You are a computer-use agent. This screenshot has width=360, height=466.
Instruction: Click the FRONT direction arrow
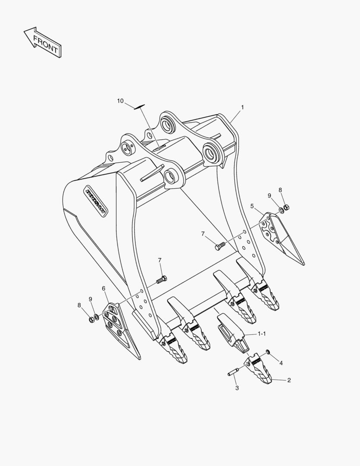pos(42,42)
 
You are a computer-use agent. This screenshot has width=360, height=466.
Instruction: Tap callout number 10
pos(120,101)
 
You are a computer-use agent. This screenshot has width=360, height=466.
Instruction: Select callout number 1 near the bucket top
pos(242,107)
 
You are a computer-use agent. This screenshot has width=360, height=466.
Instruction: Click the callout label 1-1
pos(262,334)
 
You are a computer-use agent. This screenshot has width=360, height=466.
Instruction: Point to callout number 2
pos(289,380)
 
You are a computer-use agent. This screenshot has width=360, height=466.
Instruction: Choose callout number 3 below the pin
pos(237,388)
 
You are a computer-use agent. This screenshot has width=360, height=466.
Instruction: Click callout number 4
pos(281,363)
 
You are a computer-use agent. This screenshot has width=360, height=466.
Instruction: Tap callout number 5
pos(252,206)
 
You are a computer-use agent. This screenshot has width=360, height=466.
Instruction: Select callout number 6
pos(103,289)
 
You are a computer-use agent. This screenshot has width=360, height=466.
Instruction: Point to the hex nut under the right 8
pos(286,207)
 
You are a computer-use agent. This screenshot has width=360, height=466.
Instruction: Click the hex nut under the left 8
pos(91,320)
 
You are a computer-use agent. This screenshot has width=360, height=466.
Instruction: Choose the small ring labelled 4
pos(268,353)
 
